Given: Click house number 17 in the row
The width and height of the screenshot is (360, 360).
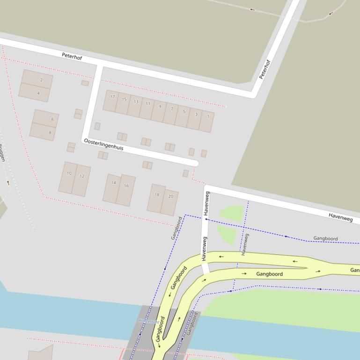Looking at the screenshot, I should [x=111, y=100].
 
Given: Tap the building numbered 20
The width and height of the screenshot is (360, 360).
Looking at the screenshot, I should [x=170, y=201].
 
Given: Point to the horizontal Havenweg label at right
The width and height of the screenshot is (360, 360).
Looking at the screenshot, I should [x=340, y=216].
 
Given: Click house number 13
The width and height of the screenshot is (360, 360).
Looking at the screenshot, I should [x=135, y=105].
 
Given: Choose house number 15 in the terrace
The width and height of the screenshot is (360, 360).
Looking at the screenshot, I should [x=123, y=102].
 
